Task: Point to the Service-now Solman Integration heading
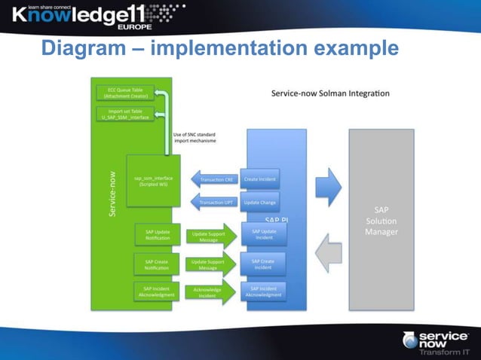coord(330,93)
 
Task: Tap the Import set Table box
coord(124,114)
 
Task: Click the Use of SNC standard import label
coord(195,138)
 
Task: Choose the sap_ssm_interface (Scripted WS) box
coord(153,182)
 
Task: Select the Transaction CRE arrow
coord(214,179)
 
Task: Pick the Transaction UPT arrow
coord(214,202)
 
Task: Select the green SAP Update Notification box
coord(157,234)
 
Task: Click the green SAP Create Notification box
coord(157,264)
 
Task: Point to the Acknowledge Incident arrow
coord(209,293)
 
